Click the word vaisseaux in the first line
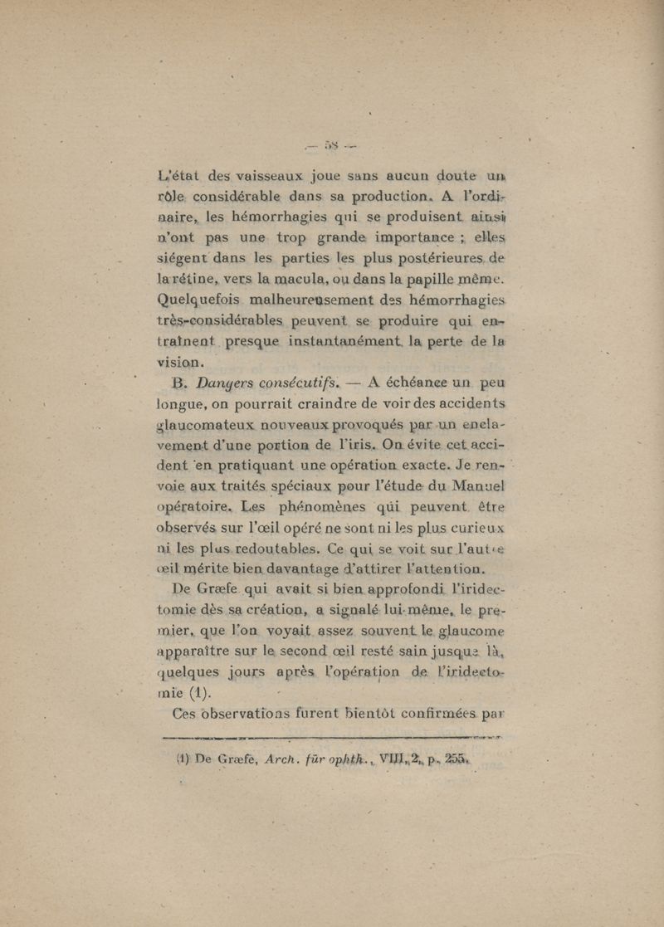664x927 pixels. click(250, 175)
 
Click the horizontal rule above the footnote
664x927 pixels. click(332, 736)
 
